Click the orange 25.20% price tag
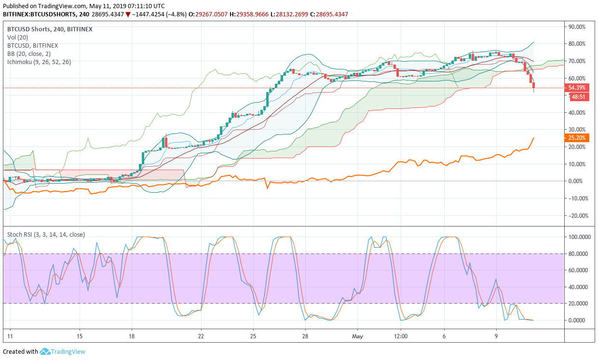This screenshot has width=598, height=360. pos(577,138)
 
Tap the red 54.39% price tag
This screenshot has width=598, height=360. pos(577,88)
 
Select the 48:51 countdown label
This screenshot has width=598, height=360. pos(578,96)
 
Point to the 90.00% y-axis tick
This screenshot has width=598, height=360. pos(577,27)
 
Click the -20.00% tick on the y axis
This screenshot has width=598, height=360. pos(576,215)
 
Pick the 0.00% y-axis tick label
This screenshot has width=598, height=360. pos(577,181)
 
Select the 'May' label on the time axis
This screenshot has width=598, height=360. pos(357,336)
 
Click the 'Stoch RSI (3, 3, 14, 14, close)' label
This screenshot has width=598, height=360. pos(46,235)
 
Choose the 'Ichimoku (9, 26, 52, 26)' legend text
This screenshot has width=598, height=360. pos(39,62)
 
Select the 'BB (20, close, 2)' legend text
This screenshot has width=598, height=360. pos(29,53)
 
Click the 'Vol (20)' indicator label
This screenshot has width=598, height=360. pos(18,37)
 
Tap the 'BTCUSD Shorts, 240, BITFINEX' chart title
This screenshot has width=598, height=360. pos(50,29)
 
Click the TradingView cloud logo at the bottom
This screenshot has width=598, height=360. pos(45,352)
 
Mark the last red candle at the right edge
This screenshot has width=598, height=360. pos(534,87)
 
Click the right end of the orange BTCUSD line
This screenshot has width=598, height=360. pos(533,138)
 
